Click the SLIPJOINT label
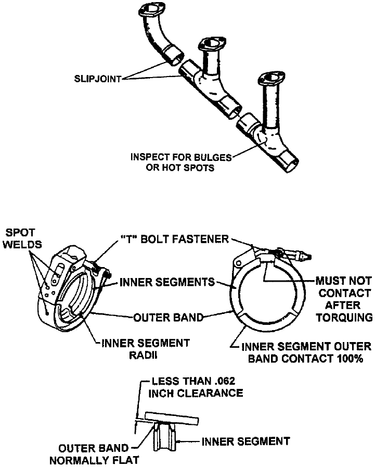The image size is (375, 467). point(97,80)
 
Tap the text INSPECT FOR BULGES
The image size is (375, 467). point(182,156)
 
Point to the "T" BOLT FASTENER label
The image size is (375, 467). point(183,239)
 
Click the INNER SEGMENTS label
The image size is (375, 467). point(167,282)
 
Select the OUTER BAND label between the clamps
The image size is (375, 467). point(167,318)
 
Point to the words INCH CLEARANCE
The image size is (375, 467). point(196,393)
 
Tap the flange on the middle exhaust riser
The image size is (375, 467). point(212,42)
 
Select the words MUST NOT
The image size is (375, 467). point(341,282)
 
